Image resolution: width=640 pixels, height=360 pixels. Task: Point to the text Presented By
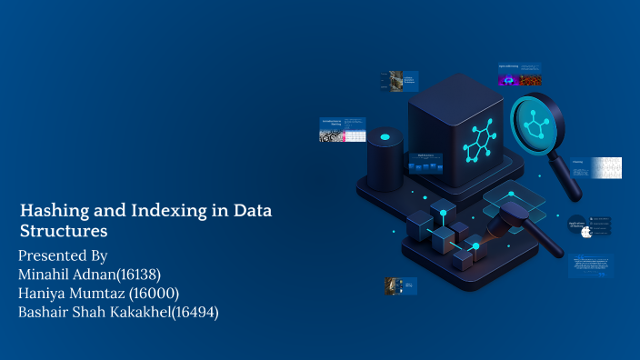63,255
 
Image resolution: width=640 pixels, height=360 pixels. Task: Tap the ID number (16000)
153,293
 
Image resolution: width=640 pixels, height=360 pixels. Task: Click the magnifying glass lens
533,125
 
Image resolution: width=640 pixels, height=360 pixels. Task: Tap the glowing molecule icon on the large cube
476,140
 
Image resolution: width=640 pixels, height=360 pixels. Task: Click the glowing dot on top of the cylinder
385,137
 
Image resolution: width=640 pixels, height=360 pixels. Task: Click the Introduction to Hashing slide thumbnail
343,129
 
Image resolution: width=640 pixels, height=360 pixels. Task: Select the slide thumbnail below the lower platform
401,285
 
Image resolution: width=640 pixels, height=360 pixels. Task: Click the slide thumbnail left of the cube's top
398,81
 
